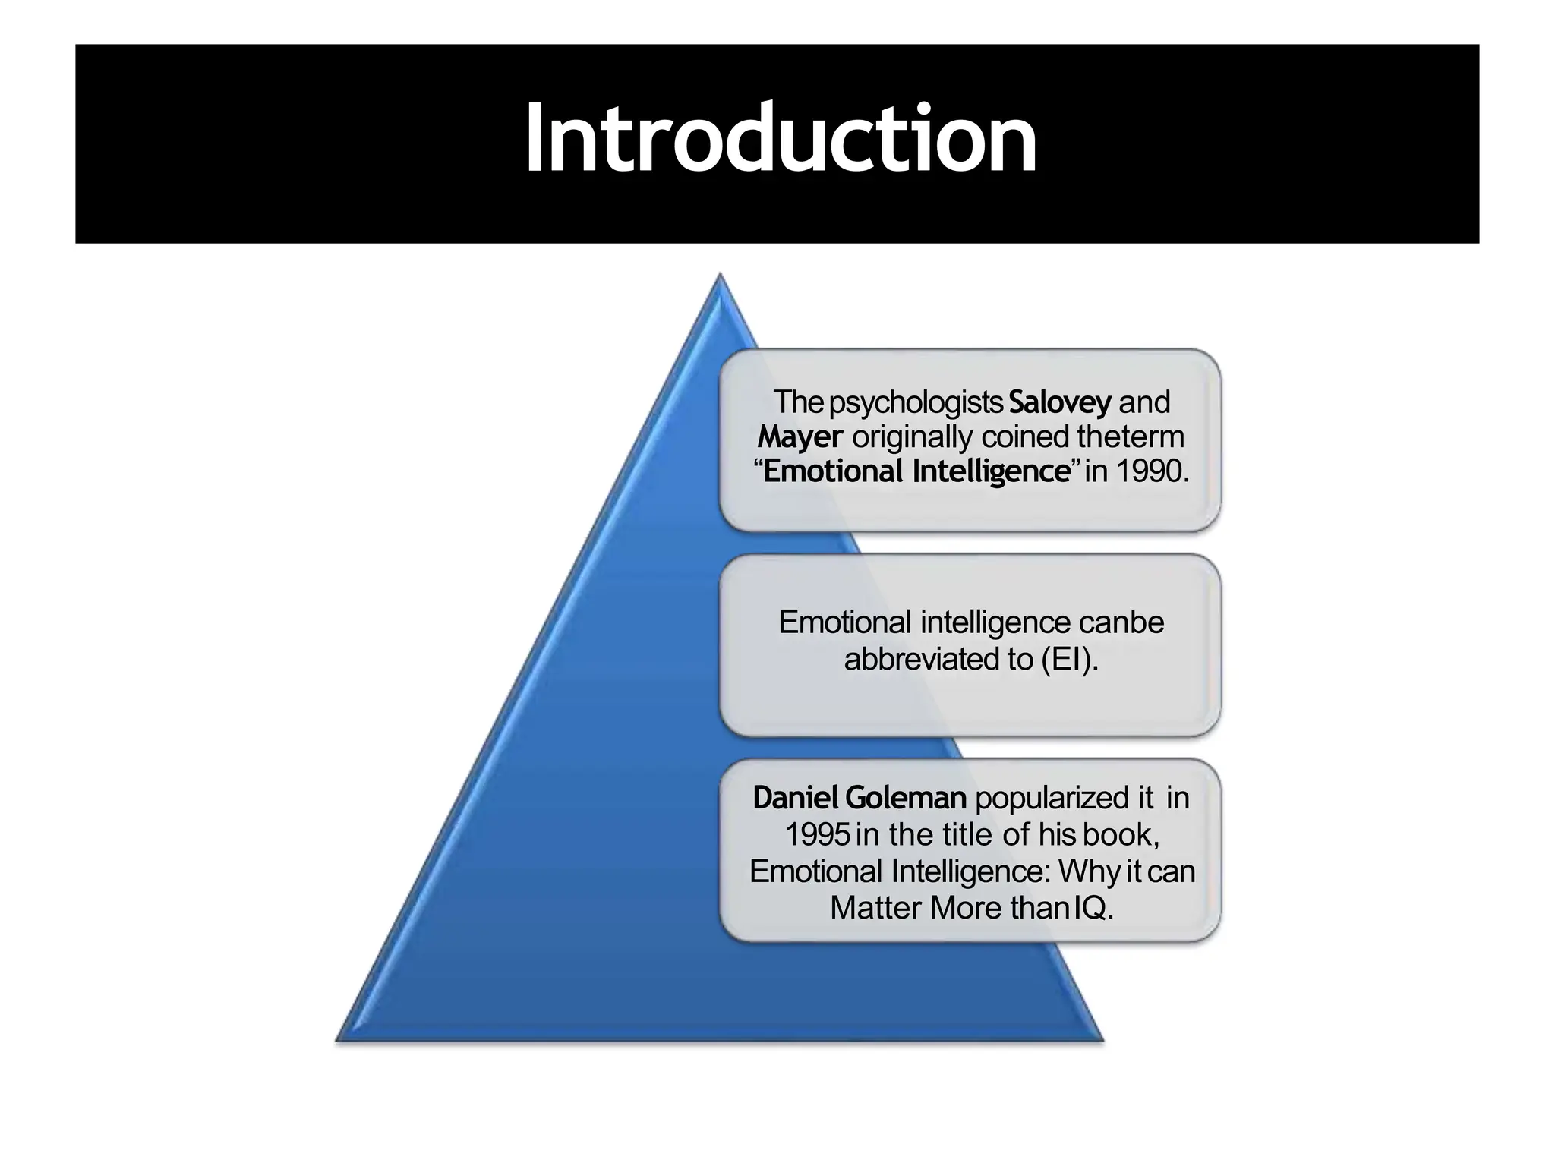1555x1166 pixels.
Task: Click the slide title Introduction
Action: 781,139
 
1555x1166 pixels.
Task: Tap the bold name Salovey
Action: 1060,402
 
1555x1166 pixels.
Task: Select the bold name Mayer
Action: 800,436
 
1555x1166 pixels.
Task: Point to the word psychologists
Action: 916,402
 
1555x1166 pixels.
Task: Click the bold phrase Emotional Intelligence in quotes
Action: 916,471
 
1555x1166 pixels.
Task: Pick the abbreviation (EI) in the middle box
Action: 1069,658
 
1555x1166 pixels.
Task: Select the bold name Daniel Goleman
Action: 859,798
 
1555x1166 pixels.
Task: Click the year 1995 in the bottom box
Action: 817,834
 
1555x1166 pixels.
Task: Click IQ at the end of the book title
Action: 1093,907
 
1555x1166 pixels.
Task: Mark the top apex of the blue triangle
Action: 719,276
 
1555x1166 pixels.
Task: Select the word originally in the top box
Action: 913,436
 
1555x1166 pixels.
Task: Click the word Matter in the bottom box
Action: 876,907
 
